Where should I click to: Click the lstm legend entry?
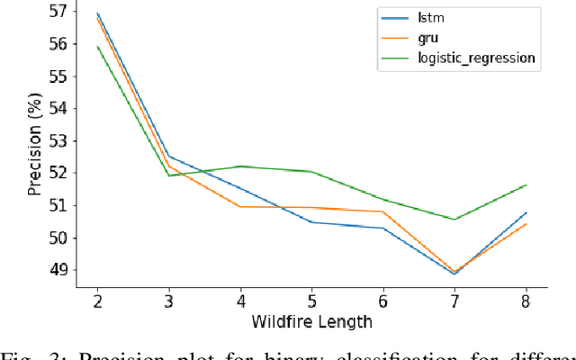(x=432, y=18)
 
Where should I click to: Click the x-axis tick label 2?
(x=96, y=301)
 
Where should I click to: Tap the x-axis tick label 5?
(x=311, y=301)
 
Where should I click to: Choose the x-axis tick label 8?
(x=526, y=301)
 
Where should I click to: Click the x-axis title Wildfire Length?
(x=310, y=320)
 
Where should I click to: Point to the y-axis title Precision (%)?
(x=33, y=146)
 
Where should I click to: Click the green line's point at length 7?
(x=454, y=219)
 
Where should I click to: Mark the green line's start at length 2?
(x=96, y=47)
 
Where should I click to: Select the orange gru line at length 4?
(x=239, y=206)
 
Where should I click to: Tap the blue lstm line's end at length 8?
(x=526, y=212)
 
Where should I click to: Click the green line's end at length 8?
(x=526, y=185)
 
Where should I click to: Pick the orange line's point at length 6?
(x=382, y=211)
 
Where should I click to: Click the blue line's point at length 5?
(x=311, y=222)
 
